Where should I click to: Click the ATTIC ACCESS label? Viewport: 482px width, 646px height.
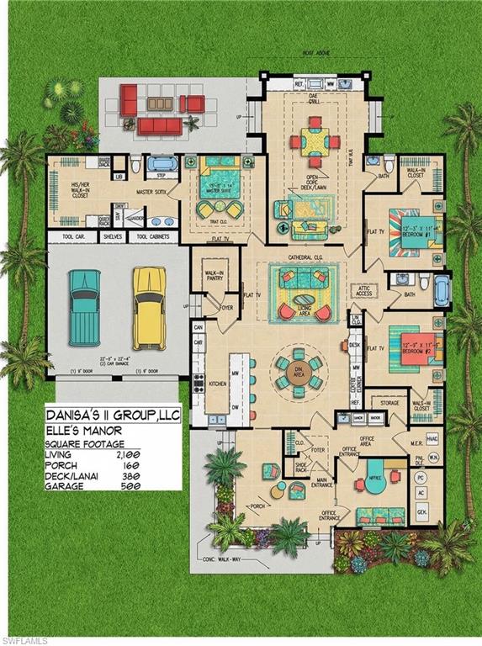tap(365, 291)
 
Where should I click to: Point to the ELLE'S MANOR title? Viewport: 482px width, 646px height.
tap(87, 430)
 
